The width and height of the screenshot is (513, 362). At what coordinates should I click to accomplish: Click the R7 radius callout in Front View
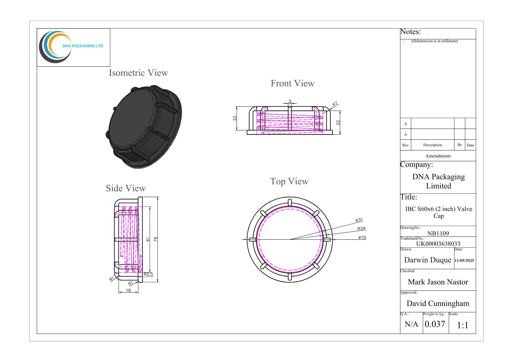coord(335,104)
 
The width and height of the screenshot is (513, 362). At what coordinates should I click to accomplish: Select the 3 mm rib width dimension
coord(290,101)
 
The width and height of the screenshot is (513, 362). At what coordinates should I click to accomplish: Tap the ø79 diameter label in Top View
coord(362,238)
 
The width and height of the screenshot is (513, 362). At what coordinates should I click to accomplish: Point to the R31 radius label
coord(359,220)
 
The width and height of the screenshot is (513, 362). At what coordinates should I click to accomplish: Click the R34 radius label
coord(361,229)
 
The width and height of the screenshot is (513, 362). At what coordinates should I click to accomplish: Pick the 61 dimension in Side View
coord(148,239)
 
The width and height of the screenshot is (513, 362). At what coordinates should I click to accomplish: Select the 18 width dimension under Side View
coord(128,290)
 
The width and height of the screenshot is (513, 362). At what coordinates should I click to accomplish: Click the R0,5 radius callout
coord(148,274)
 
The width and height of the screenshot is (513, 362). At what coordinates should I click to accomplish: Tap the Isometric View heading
coord(138,73)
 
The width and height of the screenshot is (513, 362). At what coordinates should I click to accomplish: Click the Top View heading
coord(289,181)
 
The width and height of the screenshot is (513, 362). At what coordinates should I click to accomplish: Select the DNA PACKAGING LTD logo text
coord(83,46)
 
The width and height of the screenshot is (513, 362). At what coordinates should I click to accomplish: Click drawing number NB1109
coord(438,233)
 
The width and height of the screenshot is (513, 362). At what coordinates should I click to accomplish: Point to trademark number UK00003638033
coord(438,243)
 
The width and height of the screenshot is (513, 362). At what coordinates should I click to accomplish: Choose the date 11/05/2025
coord(464,260)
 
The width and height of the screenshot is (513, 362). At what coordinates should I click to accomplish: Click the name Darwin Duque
coord(427,260)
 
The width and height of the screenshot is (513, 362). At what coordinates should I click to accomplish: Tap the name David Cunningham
coord(438,303)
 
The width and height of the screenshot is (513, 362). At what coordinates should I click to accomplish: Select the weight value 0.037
coord(435,324)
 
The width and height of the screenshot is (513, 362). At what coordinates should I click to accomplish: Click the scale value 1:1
coord(462,325)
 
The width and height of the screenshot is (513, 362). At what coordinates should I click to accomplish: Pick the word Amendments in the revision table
coord(438,156)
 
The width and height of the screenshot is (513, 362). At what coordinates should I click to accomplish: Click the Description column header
coord(432,145)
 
